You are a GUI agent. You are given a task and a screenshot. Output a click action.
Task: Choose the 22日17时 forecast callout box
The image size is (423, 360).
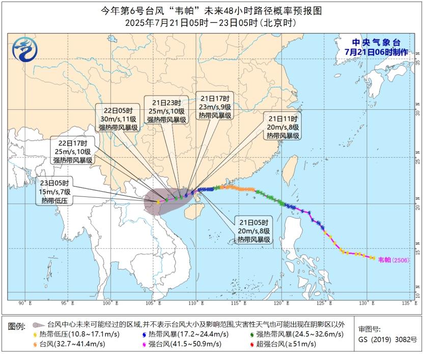tap(73, 152)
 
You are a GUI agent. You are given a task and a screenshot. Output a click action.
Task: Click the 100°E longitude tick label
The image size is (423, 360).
tap(108, 303)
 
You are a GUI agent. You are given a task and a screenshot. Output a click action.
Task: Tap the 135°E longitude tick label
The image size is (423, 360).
tap(406, 303)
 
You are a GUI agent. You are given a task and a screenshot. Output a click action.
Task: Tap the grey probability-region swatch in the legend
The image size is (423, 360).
tap(38, 324)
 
